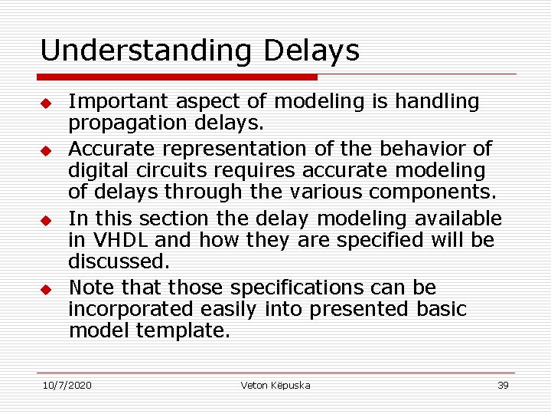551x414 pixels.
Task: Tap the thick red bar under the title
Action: click(x=178, y=77)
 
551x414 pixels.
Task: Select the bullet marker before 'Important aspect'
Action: click(x=46, y=103)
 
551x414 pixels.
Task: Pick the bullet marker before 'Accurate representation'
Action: click(x=46, y=149)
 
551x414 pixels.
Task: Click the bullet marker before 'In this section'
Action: click(x=46, y=220)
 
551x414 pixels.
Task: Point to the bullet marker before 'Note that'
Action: click(x=46, y=290)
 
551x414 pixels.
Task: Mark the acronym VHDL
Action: click(x=119, y=240)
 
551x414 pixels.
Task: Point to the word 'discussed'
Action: click(x=119, y=261)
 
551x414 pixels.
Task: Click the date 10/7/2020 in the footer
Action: click(x=67, y=385)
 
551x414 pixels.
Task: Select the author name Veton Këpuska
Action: click(x=275, y=385)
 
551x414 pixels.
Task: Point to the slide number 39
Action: click(x=503, y=385)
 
